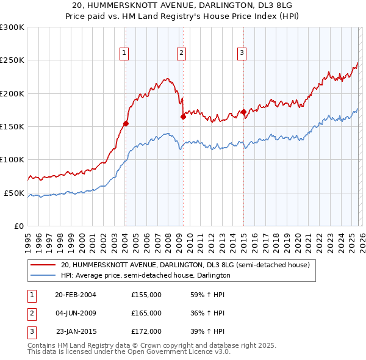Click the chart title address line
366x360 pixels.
pyautogui.click(x=183, y=5)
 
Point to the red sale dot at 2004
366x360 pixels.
pyautogui.click(x=126, y=123)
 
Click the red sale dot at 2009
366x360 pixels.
pyautogui.click(x=183, y=117)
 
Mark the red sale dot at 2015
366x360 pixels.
pyautogui.click(x=243, y=112)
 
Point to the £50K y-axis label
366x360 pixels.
pyautogui.click(x=14, y=193)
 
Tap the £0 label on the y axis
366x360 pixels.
pyautogui.click(x=18, y=226)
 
